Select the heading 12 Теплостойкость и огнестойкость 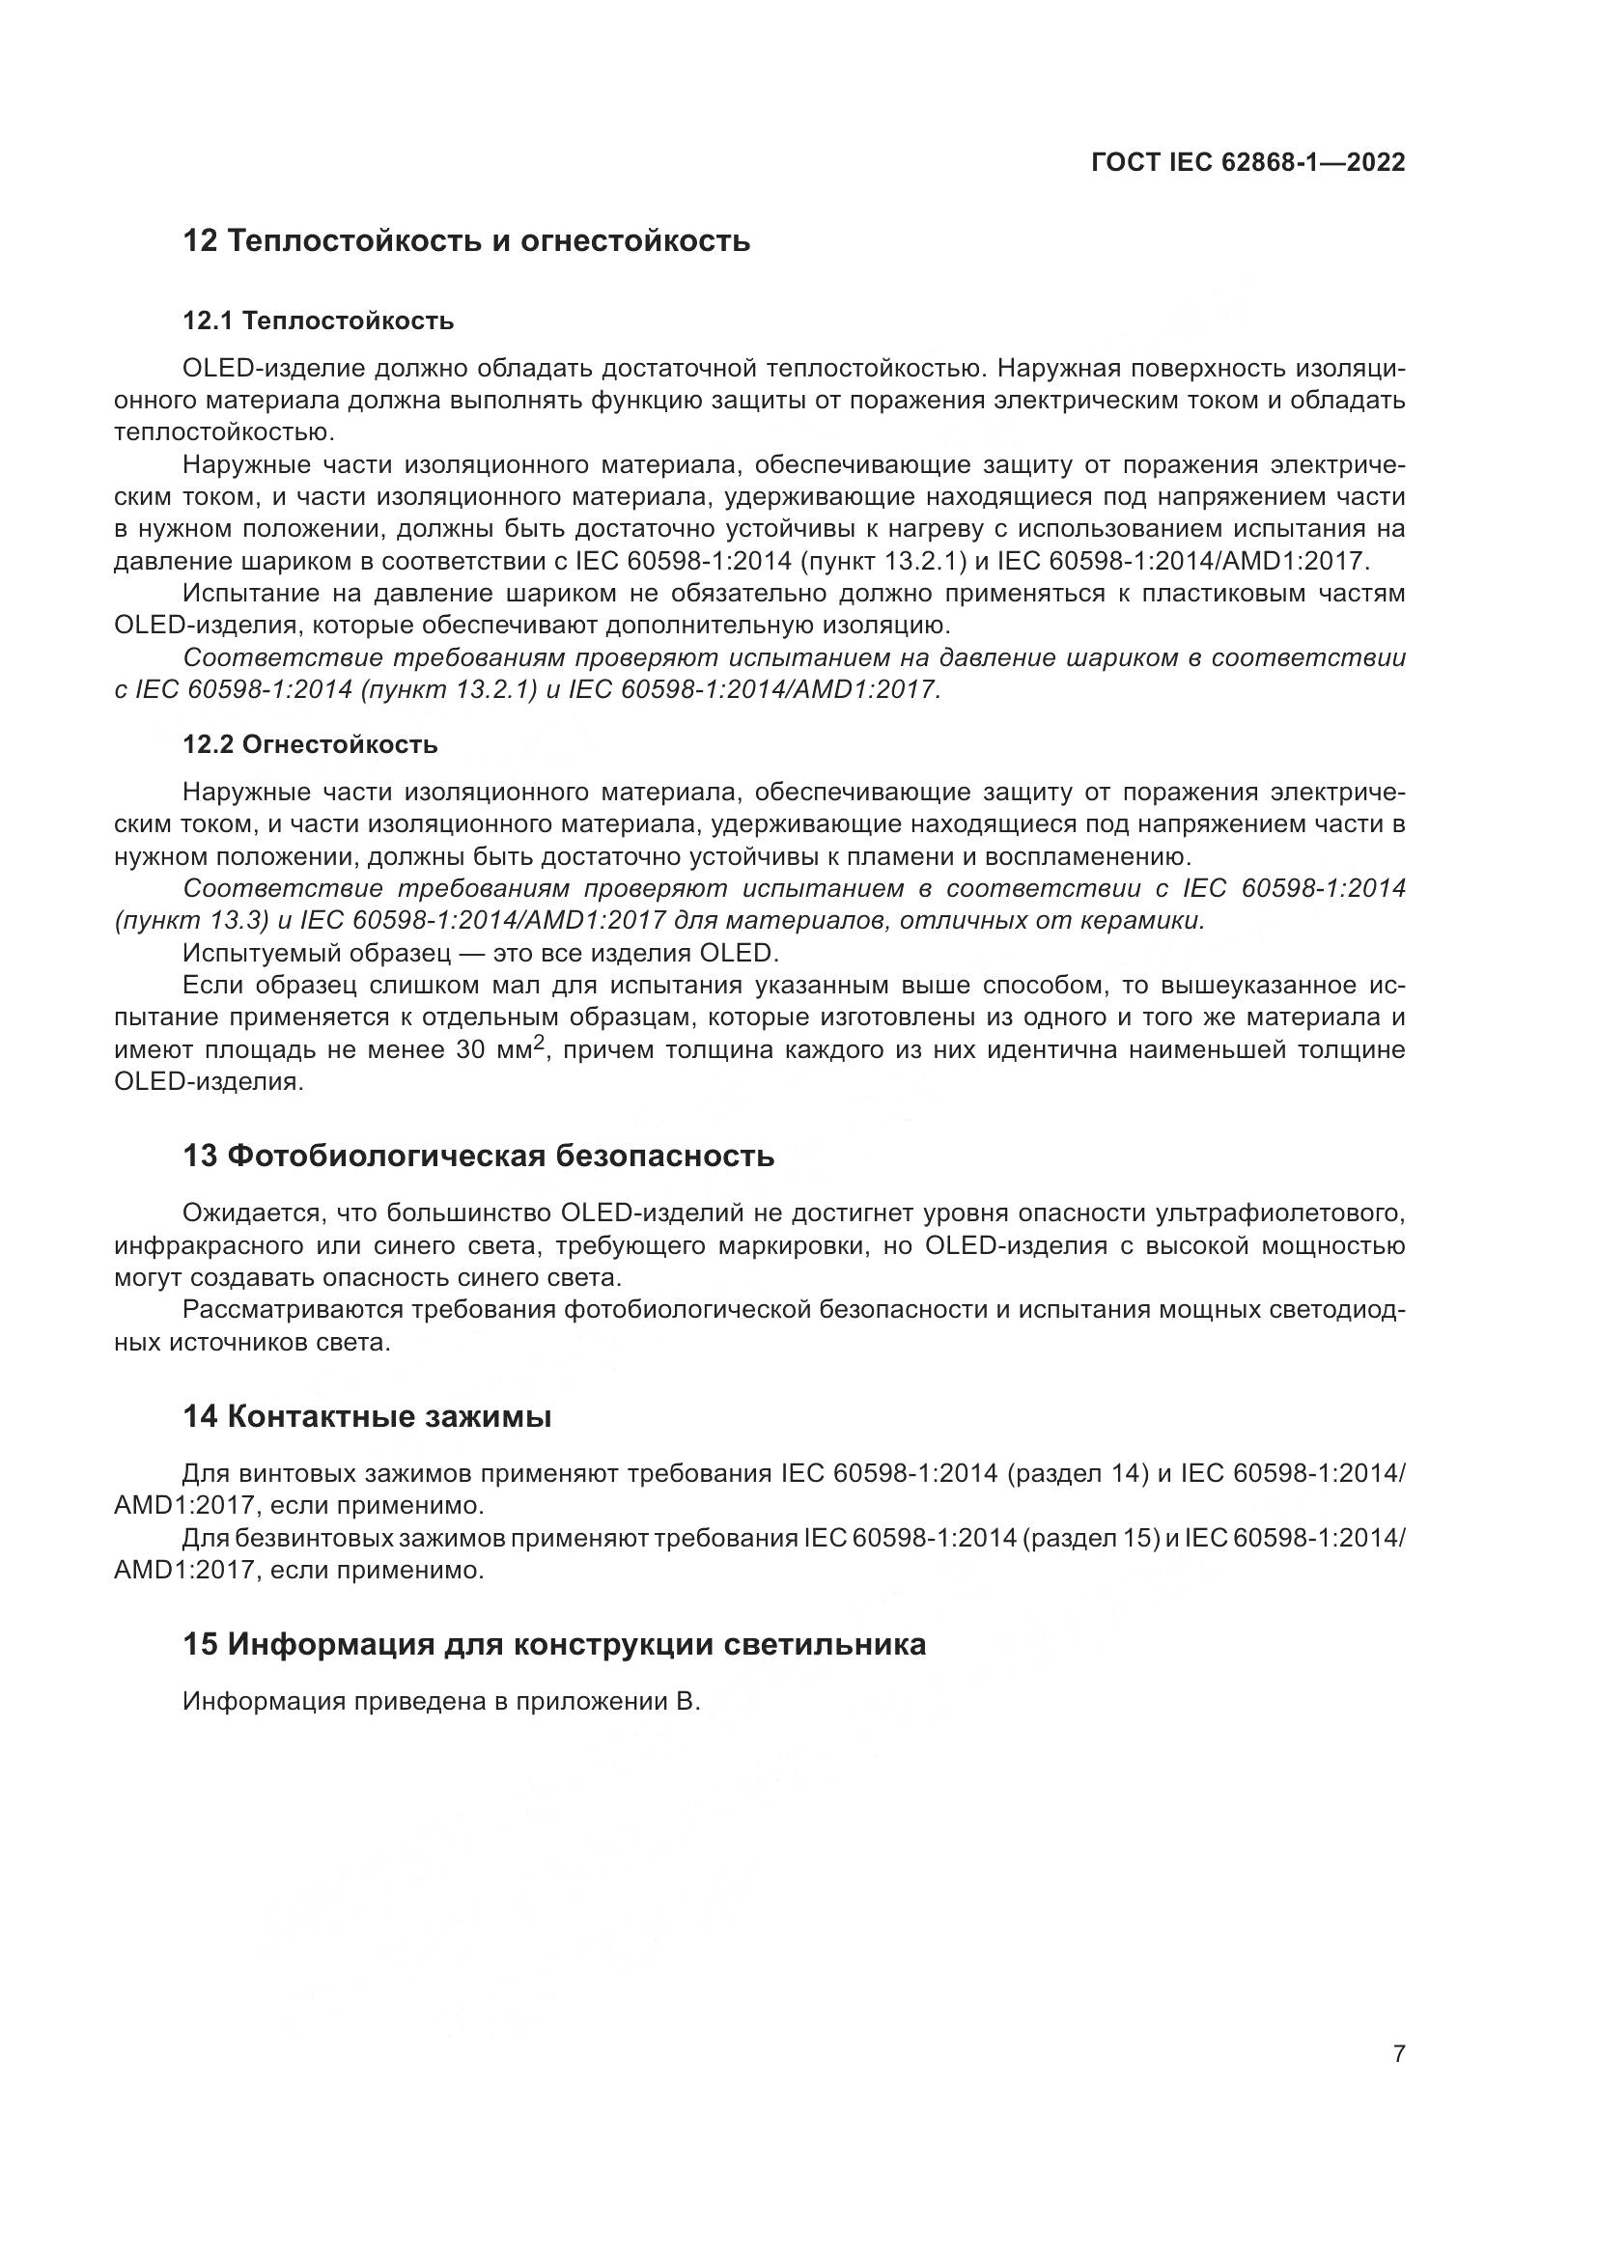pyautogui.click(x=466, y=241)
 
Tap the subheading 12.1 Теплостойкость pyautogui.click(x=319, y=321)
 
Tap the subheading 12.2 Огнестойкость pyautogui.click(x=310, y=744)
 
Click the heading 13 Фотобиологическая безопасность pyautogui.click(x=478, y=1156)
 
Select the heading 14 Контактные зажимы pyautogui.click(x=367, y=1416)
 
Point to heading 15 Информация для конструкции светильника pyautogui.click(x=553, y=1644)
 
